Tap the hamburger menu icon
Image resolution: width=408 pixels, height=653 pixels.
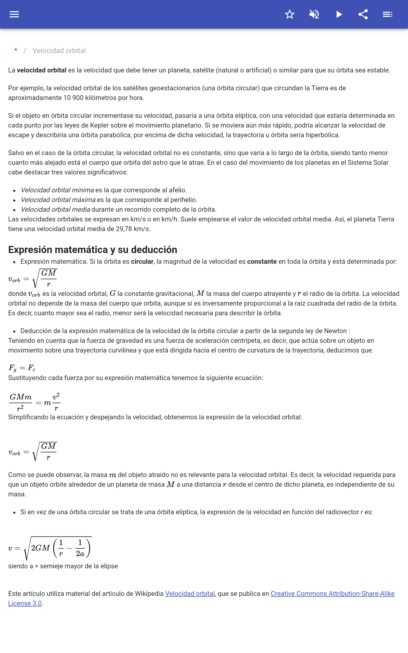click(x=14, y=14)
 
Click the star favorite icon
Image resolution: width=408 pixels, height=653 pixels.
click(x=289, y=14)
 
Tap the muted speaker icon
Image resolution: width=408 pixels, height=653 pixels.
click(x=314, y=14)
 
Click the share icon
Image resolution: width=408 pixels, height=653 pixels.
click(x=363, y=14)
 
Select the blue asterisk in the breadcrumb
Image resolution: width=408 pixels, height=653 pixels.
click(x=16, y=51)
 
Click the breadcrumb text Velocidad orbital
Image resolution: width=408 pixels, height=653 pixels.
click(x=59, y=51)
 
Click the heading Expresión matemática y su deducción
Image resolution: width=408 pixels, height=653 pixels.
click(x=93, y=250)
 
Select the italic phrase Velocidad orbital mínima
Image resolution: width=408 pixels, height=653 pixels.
click(x=57, y=190)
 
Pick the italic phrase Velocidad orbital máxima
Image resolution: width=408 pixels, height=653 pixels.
click(x=58, y=200)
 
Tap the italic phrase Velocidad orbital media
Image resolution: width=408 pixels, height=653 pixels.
click(x=55, y=209)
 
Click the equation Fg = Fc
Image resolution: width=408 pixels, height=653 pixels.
click(x=22, y=368)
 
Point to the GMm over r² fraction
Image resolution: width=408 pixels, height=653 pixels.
click(x=20, y=402)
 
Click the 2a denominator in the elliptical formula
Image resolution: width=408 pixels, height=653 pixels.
click(x=80, y=554)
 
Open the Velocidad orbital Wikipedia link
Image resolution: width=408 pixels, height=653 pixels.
click(x=190, y=594)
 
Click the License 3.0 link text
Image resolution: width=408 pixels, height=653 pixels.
click(x=25, y=603)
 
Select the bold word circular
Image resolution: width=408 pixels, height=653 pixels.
click(x=142, y=261)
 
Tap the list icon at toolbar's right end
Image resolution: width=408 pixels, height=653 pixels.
click(x=388, y=14)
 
